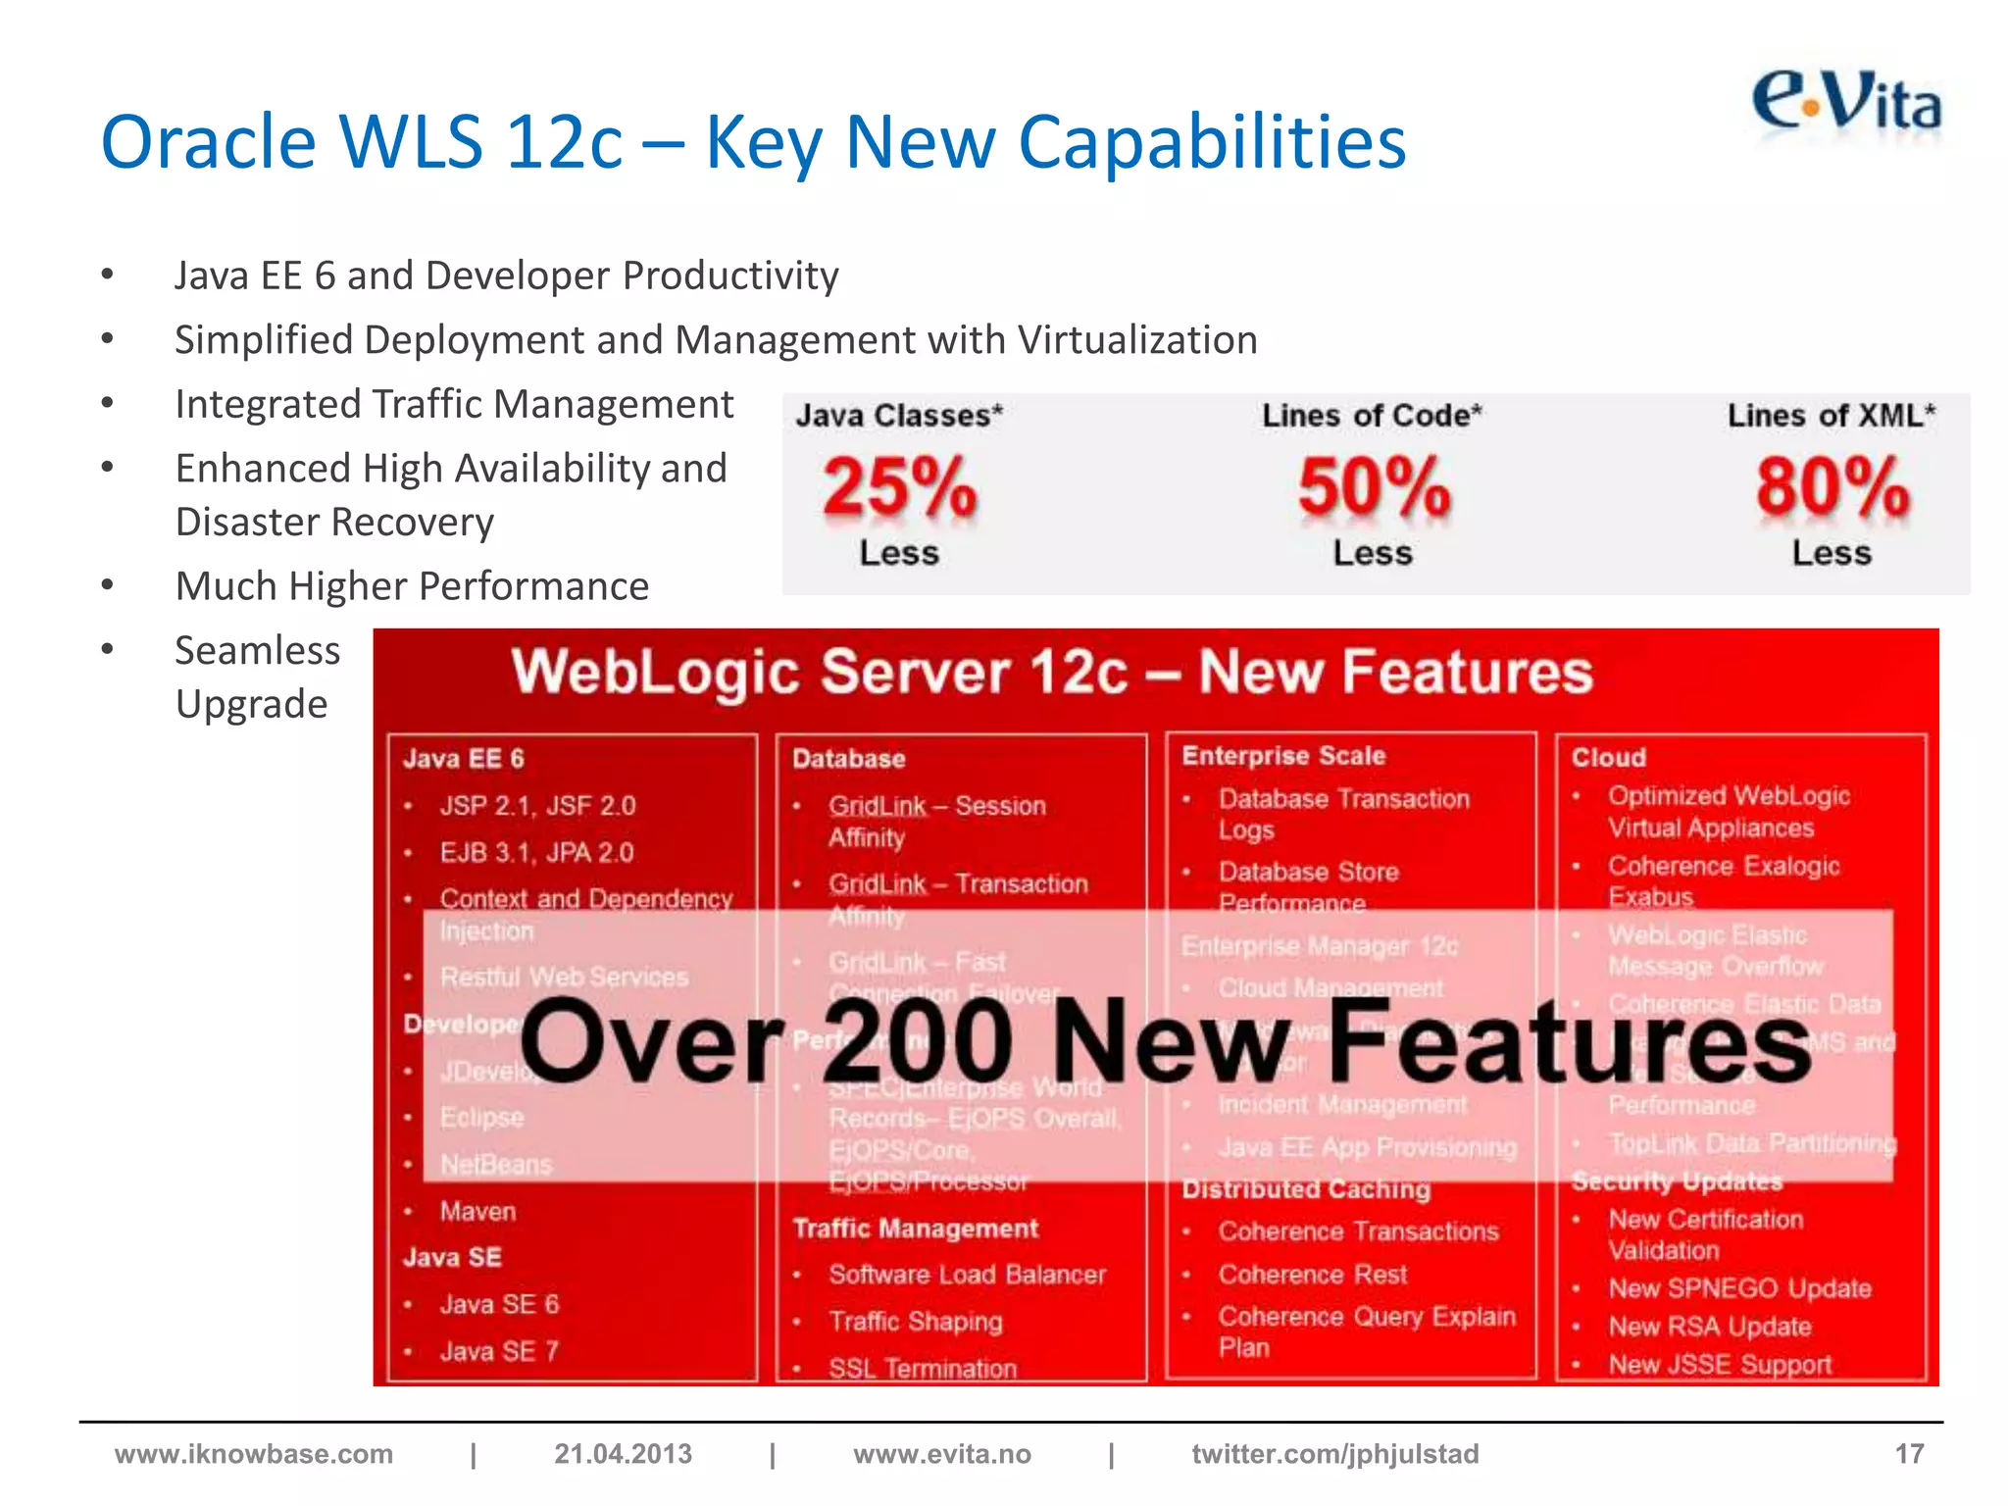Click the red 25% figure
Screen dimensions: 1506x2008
click(x=900, y=487)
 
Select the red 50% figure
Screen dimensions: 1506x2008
click(x=1374, y=487)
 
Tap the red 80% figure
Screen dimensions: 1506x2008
click(x=1832, y=487)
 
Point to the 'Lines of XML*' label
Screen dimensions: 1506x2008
click(x=1831, y=416)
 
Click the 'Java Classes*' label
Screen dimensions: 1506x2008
click(x=899, y=416)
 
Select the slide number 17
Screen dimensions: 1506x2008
click(x=1909, y=1454)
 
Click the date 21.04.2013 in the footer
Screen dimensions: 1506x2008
click(x=623, y=1454)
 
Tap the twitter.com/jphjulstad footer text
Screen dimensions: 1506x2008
click(x=1334, y=1454)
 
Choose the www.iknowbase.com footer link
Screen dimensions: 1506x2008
click(x=254, y=1454)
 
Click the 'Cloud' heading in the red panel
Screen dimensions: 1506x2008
click(x=1609, y=758)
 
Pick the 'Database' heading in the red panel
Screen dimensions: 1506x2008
click(x=849, y=759)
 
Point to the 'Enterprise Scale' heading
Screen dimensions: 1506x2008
click(x=1283, y=756)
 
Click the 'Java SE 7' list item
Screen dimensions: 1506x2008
click(x=499, y=1351)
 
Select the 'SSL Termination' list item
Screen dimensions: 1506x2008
click(x=923, y=1368)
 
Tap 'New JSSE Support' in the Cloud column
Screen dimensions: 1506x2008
click(x=1720, y=1365)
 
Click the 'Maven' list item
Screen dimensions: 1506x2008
click(x=477, y=1212)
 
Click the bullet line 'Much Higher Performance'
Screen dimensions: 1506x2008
click(x=412, y=586)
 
